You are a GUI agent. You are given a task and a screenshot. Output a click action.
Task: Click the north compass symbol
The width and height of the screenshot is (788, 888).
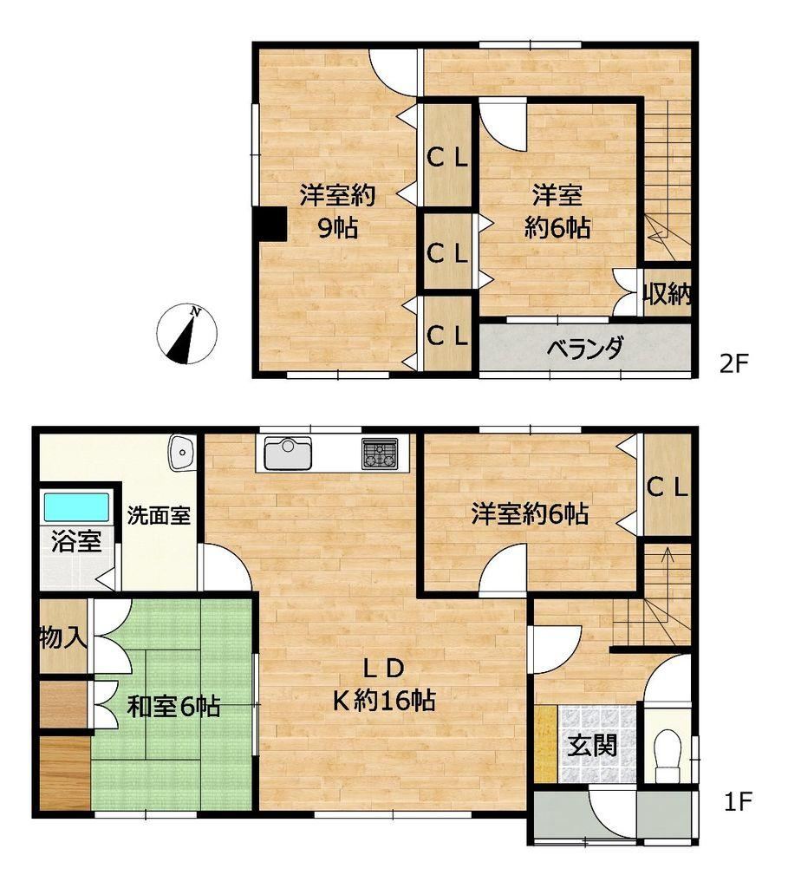(186, 334)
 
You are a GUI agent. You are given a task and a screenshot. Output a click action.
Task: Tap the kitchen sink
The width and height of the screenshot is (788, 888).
(288, 453)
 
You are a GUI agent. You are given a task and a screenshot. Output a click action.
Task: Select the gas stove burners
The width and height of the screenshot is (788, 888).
(380, 454)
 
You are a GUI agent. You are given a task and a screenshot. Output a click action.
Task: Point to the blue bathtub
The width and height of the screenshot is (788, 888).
(76, 507)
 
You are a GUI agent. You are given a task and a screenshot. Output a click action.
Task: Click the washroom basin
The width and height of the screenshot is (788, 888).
(181, 452)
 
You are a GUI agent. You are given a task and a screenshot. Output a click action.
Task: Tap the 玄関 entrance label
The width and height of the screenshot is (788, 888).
(592, 745)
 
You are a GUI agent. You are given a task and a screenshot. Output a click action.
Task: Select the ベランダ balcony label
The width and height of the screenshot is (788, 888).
(585, 348)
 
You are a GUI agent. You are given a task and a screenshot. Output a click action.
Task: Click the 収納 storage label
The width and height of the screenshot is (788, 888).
(668, 294)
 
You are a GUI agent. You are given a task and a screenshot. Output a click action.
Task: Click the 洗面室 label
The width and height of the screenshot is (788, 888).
(159, 515)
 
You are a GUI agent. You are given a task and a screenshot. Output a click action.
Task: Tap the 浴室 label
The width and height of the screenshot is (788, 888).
(76, 541)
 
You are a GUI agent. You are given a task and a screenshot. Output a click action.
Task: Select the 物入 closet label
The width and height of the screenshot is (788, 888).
(63, 638)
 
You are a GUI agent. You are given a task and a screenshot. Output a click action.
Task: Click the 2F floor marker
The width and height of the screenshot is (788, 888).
(734, 363)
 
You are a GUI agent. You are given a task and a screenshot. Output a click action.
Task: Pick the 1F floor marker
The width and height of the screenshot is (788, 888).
(739, 801)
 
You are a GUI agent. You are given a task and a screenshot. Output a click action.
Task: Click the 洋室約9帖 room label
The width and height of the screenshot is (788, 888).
(337, 212)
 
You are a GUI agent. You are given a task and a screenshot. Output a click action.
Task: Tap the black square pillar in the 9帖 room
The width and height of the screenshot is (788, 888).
(270, 225)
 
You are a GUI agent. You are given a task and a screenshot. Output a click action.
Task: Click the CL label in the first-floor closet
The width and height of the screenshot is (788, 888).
(668, 487)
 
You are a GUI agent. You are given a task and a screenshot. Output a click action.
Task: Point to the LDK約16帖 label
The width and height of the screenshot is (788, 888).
(384, 685)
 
